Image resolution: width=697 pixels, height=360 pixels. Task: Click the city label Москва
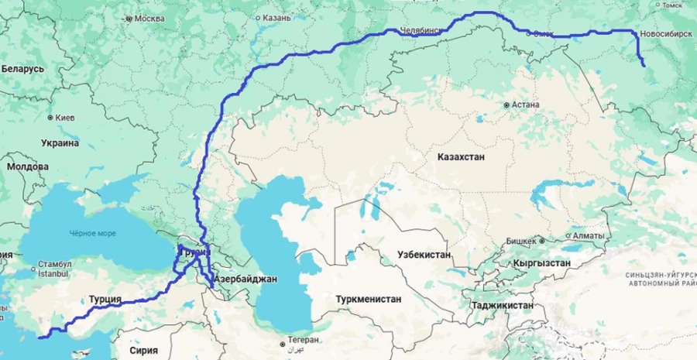coord(149,19)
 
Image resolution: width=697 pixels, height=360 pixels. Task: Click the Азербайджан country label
coord(245,278)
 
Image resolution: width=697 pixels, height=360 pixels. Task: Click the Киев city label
coord(64,118)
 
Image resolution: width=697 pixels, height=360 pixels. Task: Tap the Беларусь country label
coord(22,69)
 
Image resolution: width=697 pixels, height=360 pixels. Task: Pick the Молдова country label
coord(27,166)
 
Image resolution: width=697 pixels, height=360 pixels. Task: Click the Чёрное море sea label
coord(92,232)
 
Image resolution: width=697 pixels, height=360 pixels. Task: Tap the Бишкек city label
coord(520,241)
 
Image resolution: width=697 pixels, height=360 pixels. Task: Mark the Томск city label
coord(671,5)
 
